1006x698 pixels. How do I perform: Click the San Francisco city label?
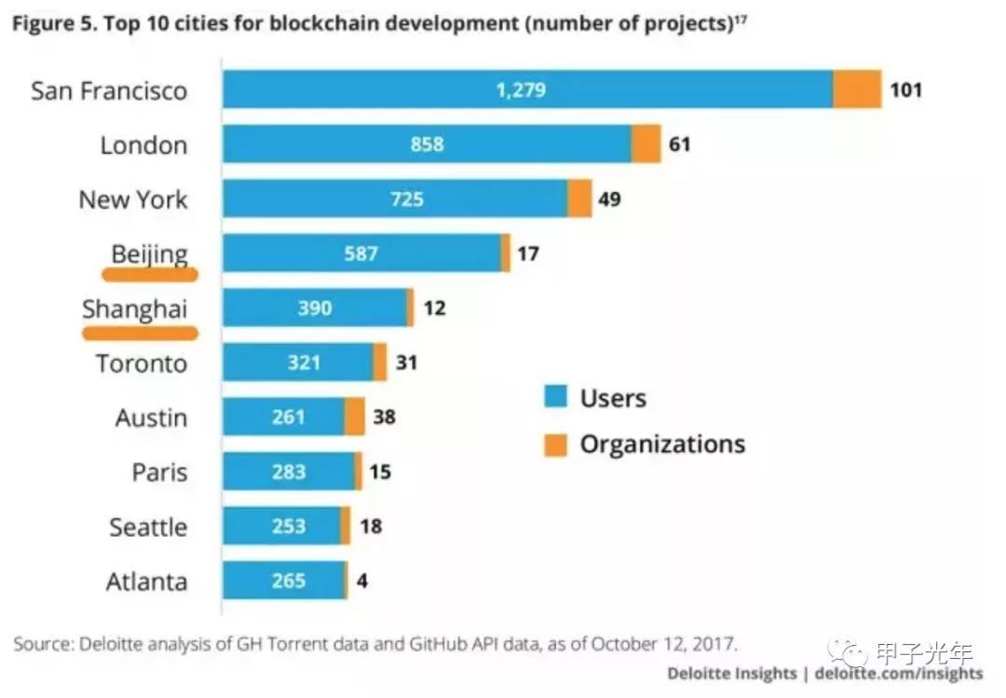click(x=109, y=90)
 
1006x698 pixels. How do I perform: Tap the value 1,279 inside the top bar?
click(x=520, y=90)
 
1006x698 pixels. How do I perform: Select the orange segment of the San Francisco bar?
click(x=857, y=90)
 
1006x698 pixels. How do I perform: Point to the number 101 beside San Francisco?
click(x=904, y=90)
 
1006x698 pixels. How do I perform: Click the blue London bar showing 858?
click(x=427, y=144)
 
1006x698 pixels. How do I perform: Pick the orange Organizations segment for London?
click(x=646, y=144)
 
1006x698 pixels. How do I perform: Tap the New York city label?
click(x=132, y=199)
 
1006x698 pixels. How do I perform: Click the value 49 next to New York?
click(x=609, y=199)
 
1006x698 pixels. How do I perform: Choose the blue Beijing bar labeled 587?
click(x=361, y=253)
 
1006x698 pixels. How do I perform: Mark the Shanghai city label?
click(x=134, y=308)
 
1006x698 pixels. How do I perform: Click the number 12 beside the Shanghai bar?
click(x=434, y=308)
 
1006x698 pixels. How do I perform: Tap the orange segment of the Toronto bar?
click(x=380, y=363)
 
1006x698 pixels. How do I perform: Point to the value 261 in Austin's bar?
click(x=289, y=417)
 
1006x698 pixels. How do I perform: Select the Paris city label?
click(x=159, y=472)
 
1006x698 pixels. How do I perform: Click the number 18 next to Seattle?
click(x=370, y=527)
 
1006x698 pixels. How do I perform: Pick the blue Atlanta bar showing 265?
click(x=284, y=581)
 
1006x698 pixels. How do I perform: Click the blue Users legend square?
click(x=555, y=399)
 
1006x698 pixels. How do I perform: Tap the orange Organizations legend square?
click(x=555, y=445)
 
